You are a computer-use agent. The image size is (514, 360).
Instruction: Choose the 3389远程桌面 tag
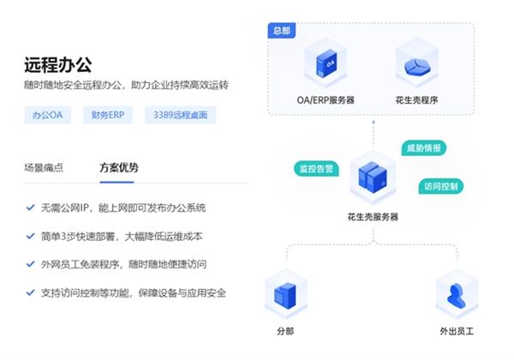pos(181,114)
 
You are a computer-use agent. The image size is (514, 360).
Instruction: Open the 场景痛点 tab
pos(44,167)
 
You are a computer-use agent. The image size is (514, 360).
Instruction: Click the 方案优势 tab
pos(119,167)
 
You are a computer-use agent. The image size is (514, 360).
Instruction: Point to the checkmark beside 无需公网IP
pos(30,208)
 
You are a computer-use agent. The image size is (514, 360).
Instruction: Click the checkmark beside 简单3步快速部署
pos(30,237)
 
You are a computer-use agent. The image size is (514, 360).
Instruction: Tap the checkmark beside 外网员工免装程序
pos(30,265)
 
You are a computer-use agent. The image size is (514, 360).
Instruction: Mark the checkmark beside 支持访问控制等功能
pos(30,293)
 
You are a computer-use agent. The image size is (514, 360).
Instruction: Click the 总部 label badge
pos(282,31)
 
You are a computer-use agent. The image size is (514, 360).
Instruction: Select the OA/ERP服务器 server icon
pos(325,65)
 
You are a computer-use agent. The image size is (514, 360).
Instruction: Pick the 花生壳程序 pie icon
pos(416,65)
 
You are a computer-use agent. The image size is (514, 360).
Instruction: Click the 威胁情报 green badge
pos(424,147)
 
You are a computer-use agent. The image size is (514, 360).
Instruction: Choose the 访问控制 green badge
pos(441,186)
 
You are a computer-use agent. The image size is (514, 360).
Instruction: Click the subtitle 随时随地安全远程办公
pos(128,86)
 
